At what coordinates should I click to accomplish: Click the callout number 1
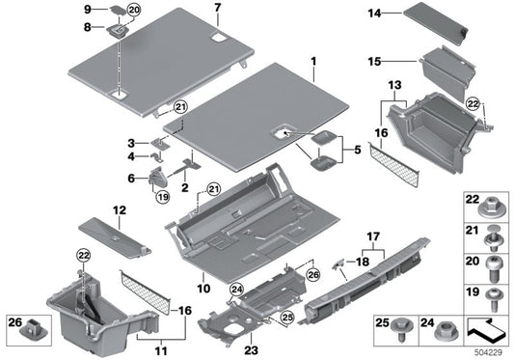[x=312, y=62]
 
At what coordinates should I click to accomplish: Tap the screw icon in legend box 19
[x=493, y=291]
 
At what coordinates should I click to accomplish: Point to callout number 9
[x=89, y=9]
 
